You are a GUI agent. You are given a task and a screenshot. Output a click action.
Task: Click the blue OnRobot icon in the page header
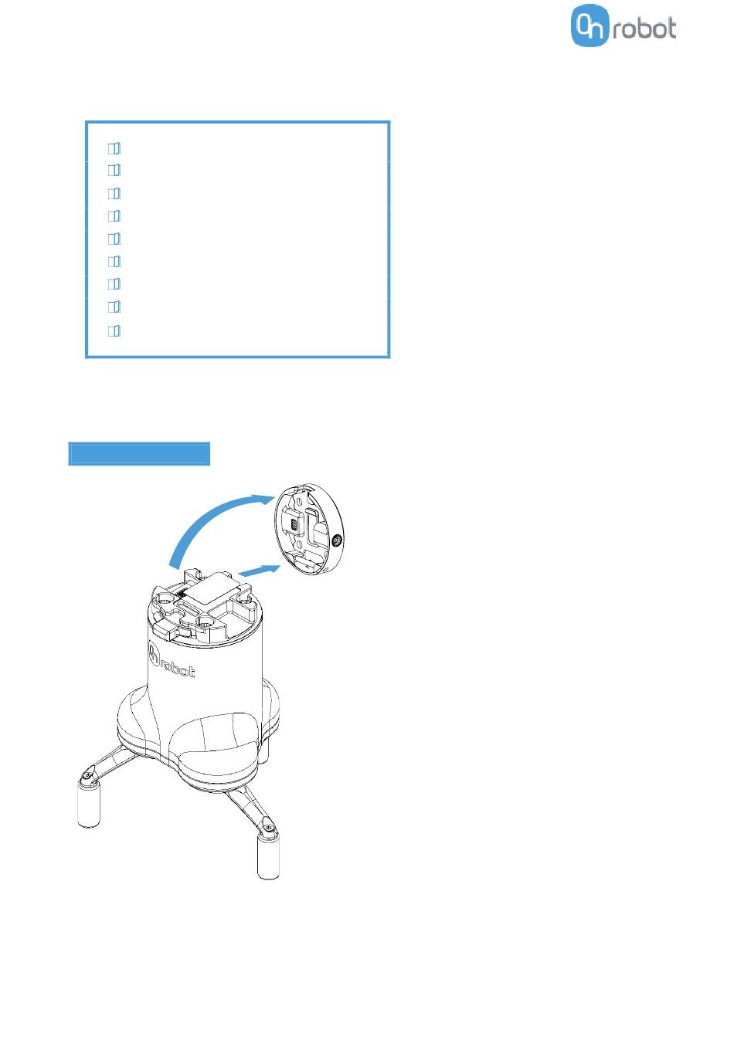click(590, 25)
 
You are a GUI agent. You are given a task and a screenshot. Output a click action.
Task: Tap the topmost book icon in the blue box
click(114, 149)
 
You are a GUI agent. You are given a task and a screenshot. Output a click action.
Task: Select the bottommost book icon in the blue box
click(114, 330)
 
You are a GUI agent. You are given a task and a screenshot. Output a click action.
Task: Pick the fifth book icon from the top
click(114, 239)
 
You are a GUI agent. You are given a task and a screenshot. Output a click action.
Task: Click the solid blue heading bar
click(139, 453)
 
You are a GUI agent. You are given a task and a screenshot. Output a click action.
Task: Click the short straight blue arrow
click(258, 570)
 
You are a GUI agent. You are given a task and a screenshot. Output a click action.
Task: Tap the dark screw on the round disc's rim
click(337, 541)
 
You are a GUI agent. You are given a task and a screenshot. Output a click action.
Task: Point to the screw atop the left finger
click(88, 777)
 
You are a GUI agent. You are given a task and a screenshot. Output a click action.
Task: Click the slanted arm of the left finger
click(112, 761)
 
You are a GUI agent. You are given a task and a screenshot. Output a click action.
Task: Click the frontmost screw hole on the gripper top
click(205, 623)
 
